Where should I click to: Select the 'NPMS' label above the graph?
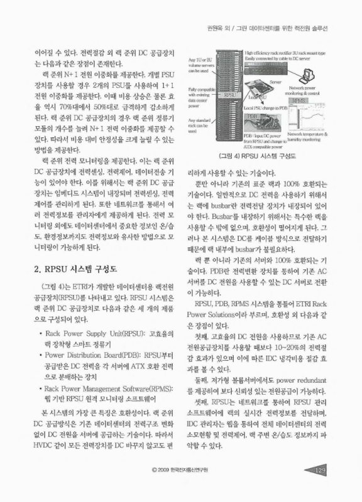point(298,100)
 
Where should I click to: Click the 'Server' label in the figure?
point(274,82)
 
